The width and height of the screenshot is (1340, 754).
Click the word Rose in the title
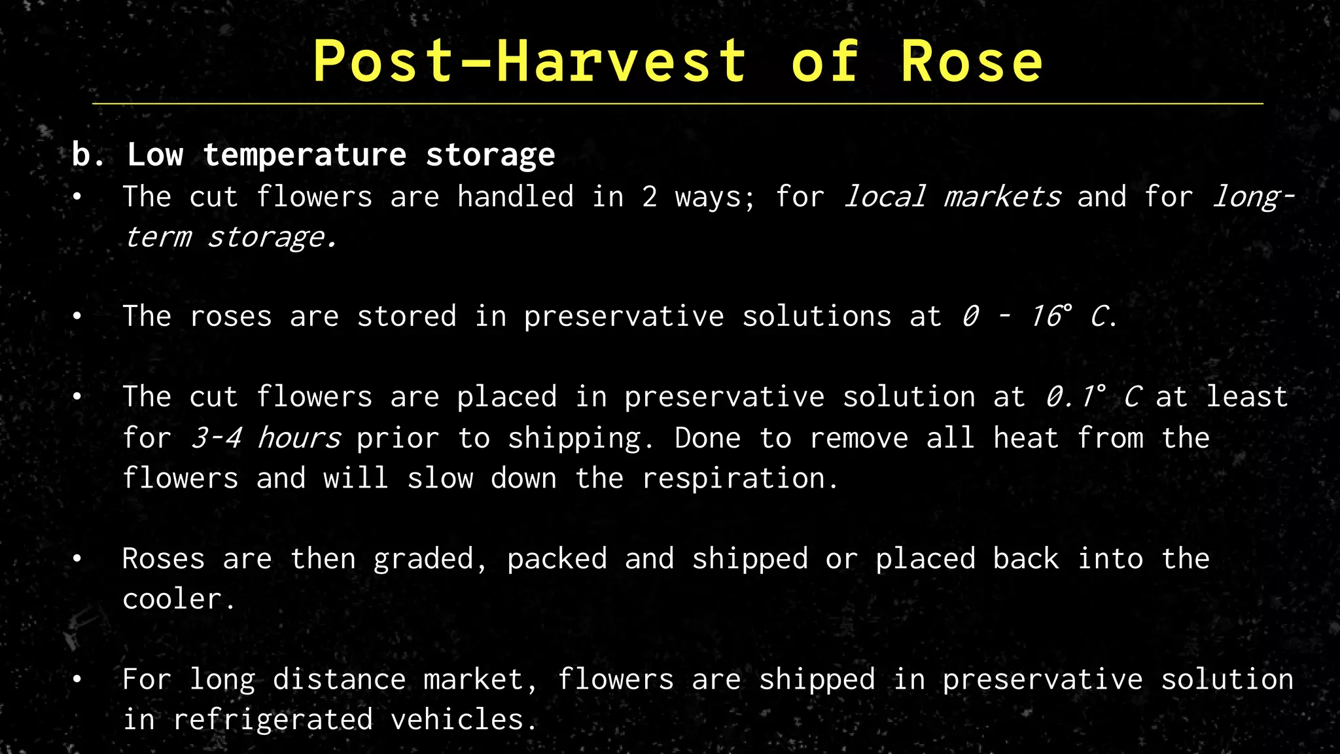coord(971,62)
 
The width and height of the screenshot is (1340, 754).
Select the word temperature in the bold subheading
coord(305,155)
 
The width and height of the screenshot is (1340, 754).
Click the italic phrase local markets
coord(952,197)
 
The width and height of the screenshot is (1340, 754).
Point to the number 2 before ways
coord(649,197)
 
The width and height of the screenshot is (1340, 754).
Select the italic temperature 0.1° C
coord(1093,397)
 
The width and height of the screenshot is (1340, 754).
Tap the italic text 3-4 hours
coord(265,438)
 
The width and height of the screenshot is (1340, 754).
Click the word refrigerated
coord(273,720)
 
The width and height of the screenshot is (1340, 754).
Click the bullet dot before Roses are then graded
coord(77,559)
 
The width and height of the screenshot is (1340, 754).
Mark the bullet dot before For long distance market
coord(77,679)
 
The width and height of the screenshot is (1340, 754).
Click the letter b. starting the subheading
coord(88,155)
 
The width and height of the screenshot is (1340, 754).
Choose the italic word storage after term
coord(271,237)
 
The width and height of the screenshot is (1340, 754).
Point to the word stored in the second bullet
coord(406,317)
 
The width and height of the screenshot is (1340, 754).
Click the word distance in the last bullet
coord(339,679)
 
